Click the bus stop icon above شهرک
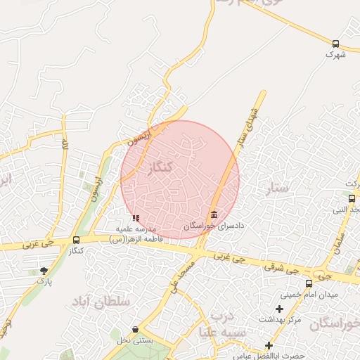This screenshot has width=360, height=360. tap(336, 44)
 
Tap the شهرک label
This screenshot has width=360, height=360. tap(336, 54)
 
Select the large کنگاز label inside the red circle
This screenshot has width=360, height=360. tap(162, 168)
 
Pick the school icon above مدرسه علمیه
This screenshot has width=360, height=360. tap(136, 219)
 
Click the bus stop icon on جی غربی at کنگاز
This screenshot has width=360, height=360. tap(76, 240)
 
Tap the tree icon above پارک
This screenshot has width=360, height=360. tap(44, 271)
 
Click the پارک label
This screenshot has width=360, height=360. tap(44, 281)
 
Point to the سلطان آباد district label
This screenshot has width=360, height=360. tap(101, 301)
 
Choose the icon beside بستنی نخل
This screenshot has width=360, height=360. tap(136, 329)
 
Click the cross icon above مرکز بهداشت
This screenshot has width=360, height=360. tap(280, 309)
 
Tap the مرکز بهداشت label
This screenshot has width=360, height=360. tap(280, 319)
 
